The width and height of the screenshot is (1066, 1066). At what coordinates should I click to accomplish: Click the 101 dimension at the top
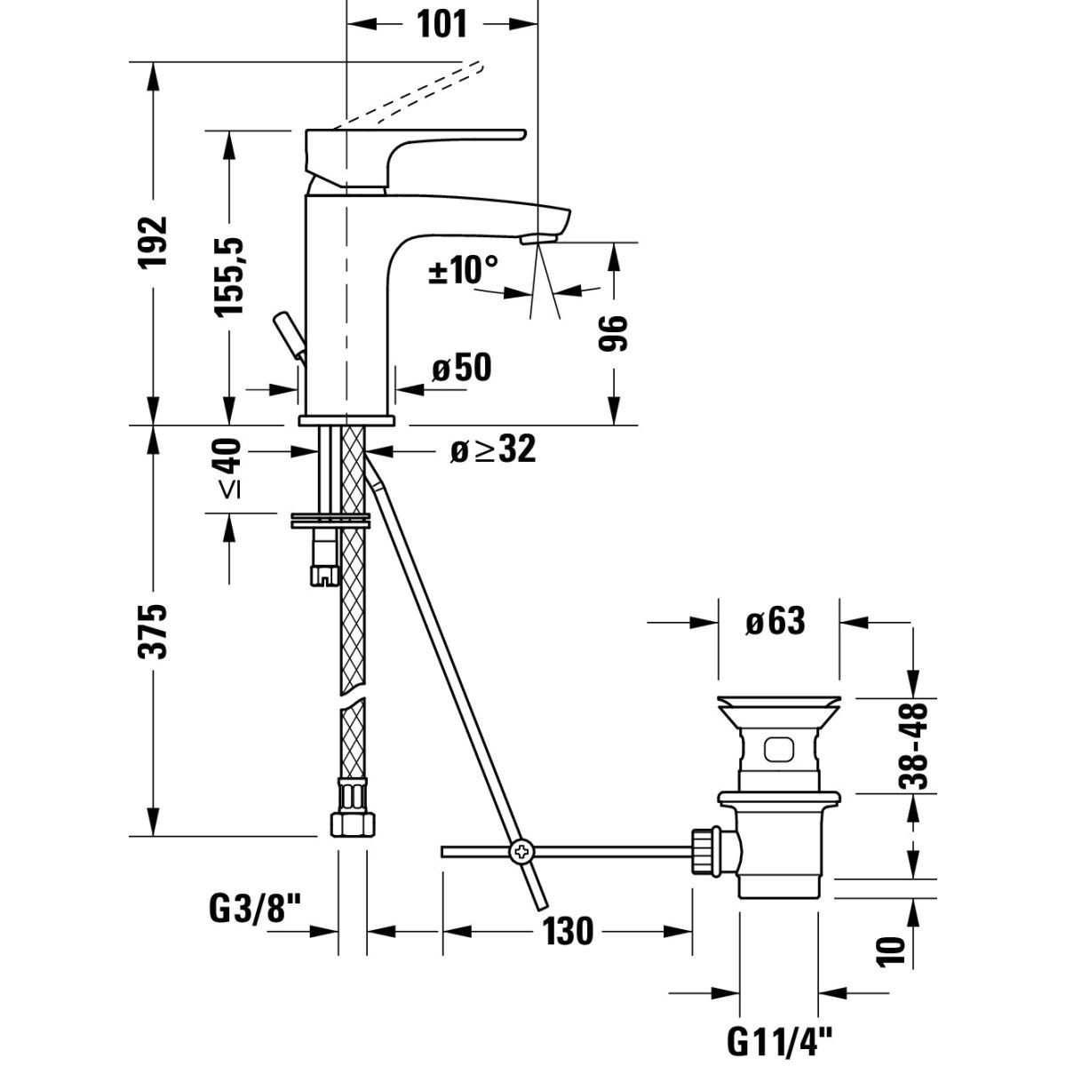point(442,24)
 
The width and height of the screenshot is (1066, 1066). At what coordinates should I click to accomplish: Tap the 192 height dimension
point(156,242)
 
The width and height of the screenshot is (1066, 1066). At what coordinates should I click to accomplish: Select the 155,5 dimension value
point(230,275)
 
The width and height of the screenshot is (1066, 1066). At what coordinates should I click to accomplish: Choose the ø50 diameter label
point(461,367)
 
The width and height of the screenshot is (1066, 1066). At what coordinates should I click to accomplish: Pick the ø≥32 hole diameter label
point(492,450)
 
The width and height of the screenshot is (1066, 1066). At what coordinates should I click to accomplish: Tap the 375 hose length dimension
point(156,631)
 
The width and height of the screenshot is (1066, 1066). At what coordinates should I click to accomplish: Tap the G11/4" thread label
point(780,1036)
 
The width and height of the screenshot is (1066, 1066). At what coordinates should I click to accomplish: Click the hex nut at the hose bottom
point(350,823)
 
